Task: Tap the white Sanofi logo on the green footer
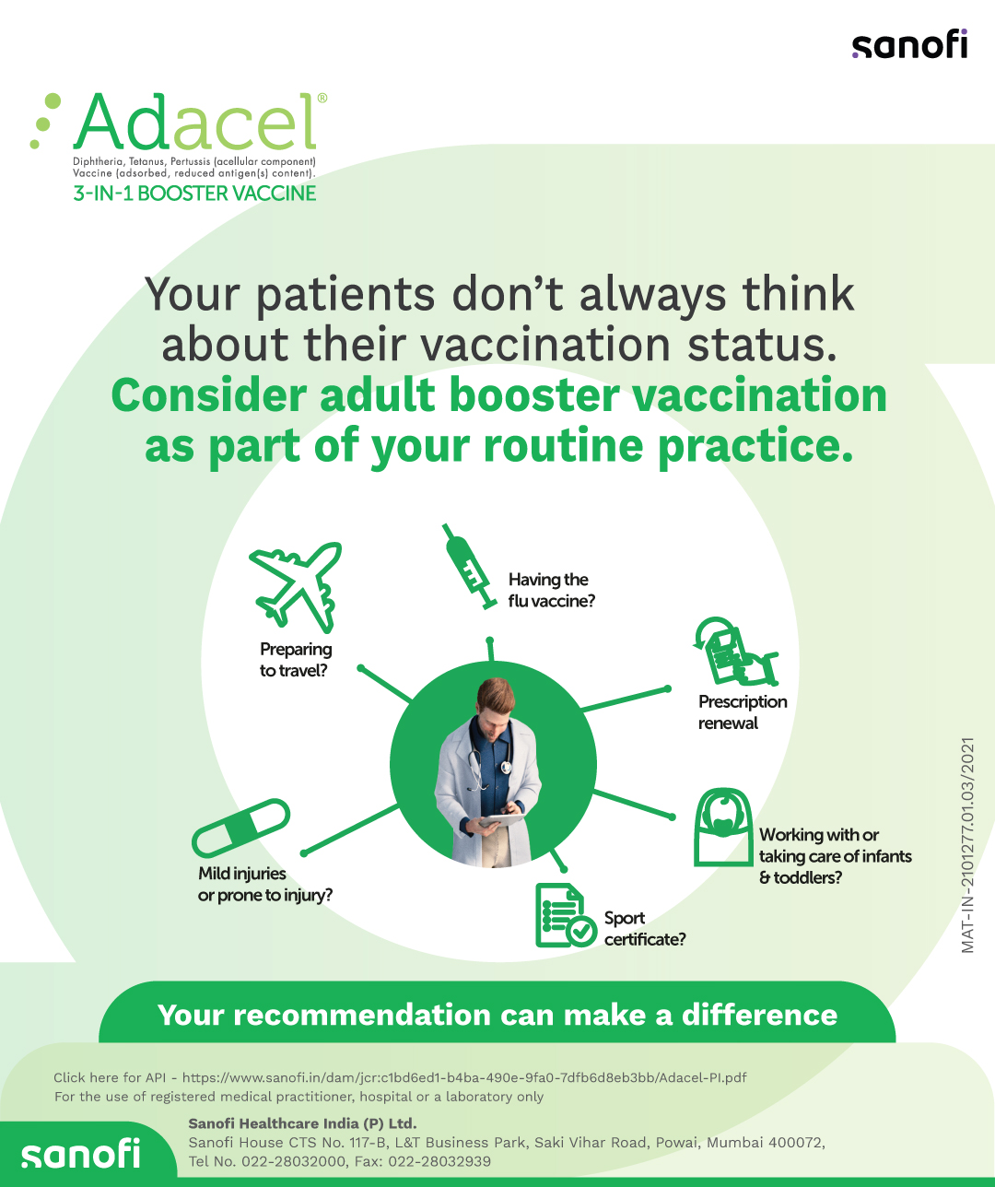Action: coord(81,1154)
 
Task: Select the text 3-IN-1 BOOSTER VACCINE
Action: coord(194,194)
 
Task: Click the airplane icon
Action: coord(296,587)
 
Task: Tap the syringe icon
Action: coord(469,566)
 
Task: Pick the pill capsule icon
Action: coord(241,828)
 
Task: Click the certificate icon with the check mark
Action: coord(566,915)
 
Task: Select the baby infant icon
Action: coord(723,828)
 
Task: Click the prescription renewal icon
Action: coord(735,652)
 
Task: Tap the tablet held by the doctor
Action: coord(501,821)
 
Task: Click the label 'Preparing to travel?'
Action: coord(296,660)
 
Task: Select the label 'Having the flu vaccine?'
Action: coord(551,590)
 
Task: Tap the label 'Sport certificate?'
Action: coord(645,928)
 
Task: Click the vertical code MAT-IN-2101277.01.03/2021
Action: coord(967,844)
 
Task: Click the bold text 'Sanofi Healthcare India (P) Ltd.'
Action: coord(302,1123)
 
